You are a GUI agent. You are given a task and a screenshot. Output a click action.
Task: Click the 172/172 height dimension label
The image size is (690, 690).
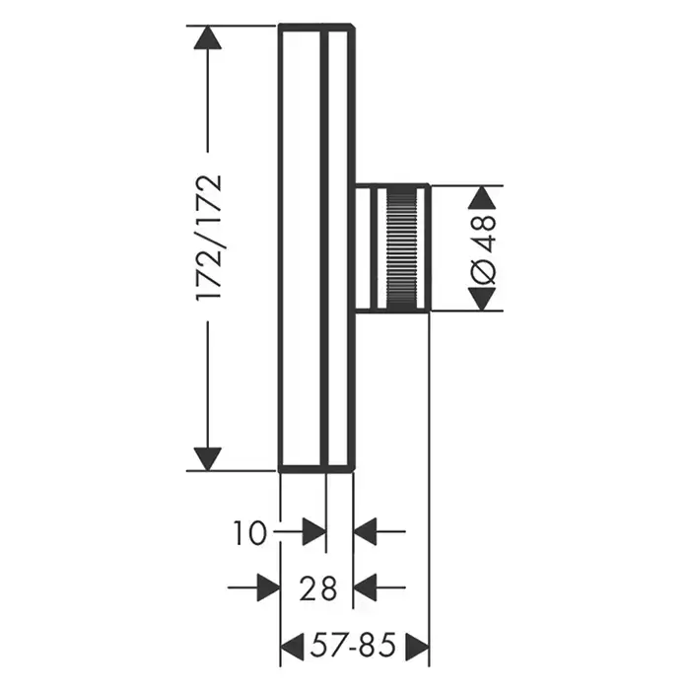click(208, 238)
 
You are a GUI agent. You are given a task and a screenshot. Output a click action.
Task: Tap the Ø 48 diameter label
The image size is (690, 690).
click(483, 248)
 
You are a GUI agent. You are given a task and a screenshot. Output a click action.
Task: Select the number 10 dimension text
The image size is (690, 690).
click(249, 533)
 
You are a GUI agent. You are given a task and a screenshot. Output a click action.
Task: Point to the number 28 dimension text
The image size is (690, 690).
click(317, 588)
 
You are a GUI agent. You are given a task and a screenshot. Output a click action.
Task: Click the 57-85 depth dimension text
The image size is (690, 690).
click(353, 646)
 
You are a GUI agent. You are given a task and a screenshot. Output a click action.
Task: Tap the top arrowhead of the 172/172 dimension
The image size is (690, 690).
click(208, 37)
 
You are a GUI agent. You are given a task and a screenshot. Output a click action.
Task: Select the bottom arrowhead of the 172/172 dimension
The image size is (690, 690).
click(208, 459)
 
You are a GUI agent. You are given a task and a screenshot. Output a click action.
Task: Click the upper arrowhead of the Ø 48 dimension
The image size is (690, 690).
click(482, 197)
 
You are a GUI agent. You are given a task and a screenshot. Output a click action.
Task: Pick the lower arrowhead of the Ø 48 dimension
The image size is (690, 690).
click(482, 300)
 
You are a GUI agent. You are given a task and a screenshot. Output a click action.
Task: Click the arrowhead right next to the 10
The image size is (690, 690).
click(314, 532)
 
